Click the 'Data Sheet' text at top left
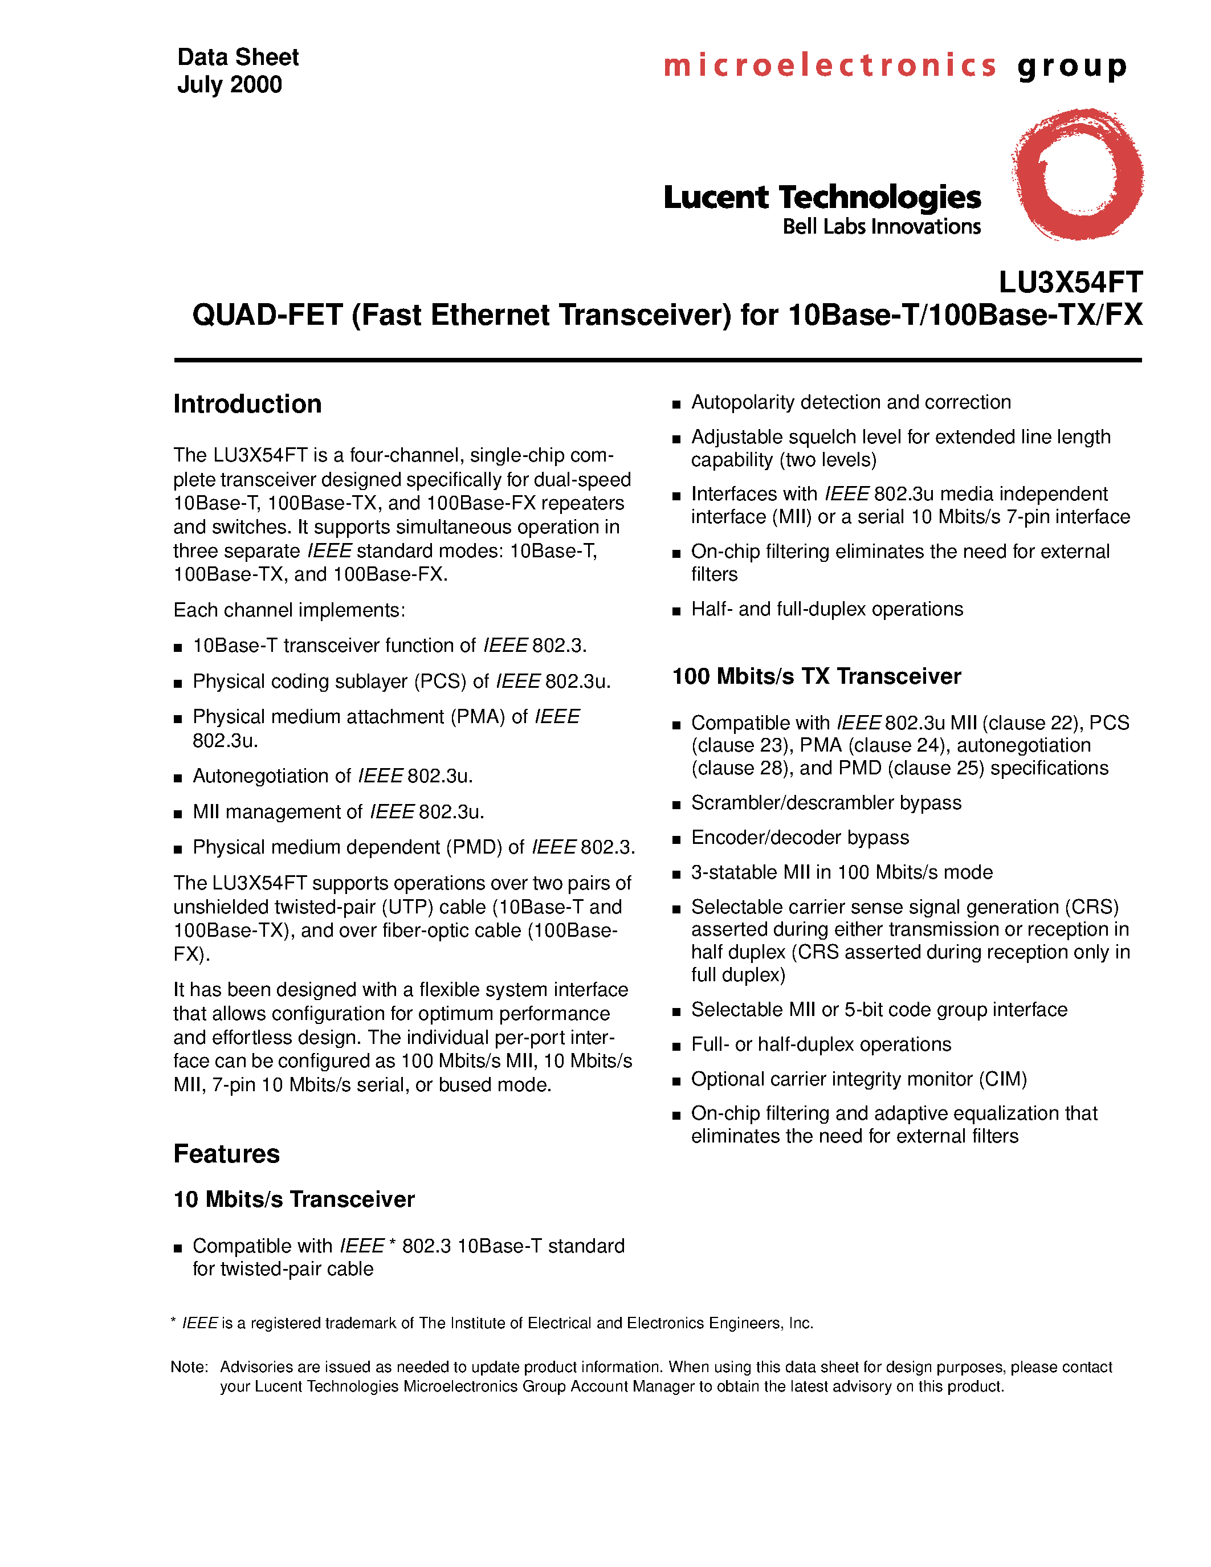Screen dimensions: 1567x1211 (x=238, y=58)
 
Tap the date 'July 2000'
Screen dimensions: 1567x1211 (x=230, y=85)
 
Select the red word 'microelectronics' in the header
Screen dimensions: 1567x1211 (x=829, y=66)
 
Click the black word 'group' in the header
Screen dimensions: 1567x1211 (x=1072, y=66)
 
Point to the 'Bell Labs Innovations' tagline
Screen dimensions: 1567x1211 (x=881, y=227)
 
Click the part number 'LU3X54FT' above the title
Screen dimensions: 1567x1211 (x=1070, y=282)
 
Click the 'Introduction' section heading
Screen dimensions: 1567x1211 (x=247, y=404)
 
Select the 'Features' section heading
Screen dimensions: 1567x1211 (x=226, y=1154)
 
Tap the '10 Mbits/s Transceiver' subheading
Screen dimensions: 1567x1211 (x=294, y=1199)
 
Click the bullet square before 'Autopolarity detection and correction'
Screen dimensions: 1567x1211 (x=676, y=405)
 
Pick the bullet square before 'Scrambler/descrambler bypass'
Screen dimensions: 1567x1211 (x=676, y=805)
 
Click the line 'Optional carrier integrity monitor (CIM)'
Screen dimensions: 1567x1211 (x=859, y=1079)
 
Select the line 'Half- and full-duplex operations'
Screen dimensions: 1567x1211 (x=826, y=609)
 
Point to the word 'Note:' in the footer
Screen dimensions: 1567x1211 (x=189, y=1367)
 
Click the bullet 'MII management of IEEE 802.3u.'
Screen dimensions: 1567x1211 (x=338, y=811)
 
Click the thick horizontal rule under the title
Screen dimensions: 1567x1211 (x=657, y=360)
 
